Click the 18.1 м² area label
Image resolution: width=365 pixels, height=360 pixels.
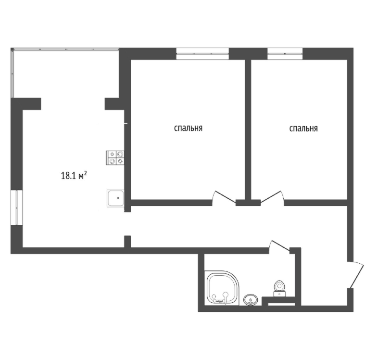point(74,176)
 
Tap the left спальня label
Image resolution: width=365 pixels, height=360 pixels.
point(188,129)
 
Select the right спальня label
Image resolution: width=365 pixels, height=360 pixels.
point(303,129)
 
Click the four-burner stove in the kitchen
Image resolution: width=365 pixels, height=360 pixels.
point(116,157)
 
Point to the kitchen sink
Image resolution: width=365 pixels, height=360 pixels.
point(116,198)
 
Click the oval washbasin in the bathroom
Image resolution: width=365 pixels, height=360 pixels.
point(250,300)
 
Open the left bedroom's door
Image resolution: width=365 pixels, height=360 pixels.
point(223,197)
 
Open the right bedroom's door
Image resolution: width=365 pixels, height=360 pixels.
point(272,197)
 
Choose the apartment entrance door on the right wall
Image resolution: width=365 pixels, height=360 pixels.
point(356,274)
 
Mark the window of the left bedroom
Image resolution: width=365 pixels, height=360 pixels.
point(202,54)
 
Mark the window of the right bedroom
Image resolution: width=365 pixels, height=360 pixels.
point(285,54)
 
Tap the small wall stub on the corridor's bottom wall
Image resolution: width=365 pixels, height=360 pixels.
point(127,241)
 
